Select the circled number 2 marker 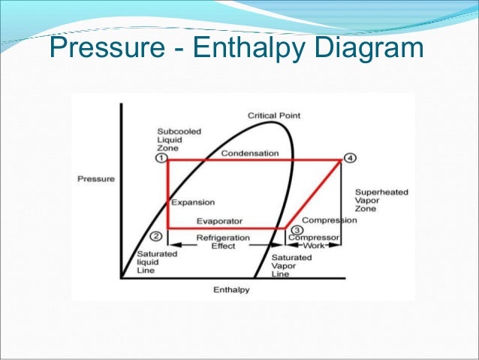[156, 236]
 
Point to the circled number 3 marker [297, 230]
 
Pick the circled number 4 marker [348, 158]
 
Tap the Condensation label [249, 153]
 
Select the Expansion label [193, 202]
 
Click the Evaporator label [219, 221]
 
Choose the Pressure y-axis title [96, 179]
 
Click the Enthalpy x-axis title [231, 289]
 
